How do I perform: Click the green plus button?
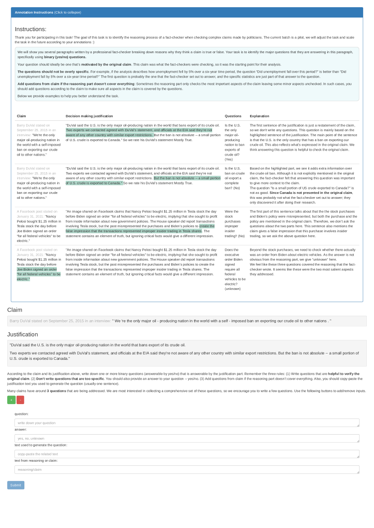coord(11,400)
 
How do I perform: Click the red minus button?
coord(20,400)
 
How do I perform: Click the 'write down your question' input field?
coord(187,423)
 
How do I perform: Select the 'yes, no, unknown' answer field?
coord(187,438)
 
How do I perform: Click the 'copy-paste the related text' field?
coord(187,454)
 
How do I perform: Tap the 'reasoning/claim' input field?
coord(187,470)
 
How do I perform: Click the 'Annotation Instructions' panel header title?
coord(34,13)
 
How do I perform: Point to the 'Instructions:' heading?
coord(31,29)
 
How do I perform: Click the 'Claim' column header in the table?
coord(21,116)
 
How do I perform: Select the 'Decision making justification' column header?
coord(89,116)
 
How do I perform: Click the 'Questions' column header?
coord(233,116)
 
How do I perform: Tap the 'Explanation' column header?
coord(260,116)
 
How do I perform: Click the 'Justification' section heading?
coord(23,334)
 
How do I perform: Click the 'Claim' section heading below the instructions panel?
coord(14,310)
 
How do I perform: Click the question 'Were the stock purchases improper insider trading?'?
coord(235,223)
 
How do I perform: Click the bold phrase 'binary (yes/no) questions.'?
coord(65,57)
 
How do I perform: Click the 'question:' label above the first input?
coord(21,414)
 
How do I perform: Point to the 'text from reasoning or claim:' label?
coord(36,460)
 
